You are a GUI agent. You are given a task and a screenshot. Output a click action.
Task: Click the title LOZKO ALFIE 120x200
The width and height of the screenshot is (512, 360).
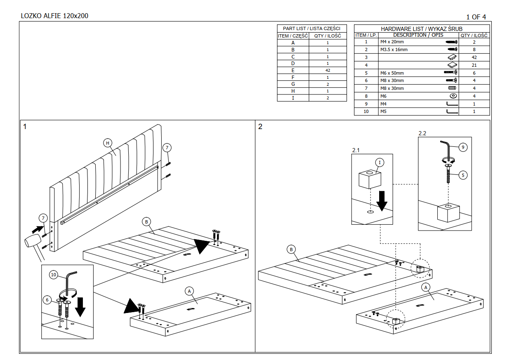coord(54,16)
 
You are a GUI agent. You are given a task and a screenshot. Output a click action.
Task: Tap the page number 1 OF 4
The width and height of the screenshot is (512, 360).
coord(476,17)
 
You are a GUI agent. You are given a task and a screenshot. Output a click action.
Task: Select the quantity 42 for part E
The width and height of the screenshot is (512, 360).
coord(328,71)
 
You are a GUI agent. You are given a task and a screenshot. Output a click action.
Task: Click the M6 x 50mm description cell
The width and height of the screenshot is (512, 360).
coord(418,73)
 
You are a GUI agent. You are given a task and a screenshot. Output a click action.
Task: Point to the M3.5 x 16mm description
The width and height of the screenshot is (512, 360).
coord(394,49)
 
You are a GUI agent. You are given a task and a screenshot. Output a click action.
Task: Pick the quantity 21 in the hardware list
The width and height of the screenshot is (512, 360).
coord(474,65)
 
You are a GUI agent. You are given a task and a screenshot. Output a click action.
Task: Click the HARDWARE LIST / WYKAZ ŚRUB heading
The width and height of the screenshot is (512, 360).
coord(422,29)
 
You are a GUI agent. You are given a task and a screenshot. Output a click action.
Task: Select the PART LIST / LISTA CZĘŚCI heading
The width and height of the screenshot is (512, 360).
coord(311,28)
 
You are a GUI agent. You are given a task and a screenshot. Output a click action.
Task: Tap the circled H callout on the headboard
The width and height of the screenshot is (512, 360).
coord(108,143)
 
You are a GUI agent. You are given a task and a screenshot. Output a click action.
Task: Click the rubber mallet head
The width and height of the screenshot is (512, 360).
coord(33,241)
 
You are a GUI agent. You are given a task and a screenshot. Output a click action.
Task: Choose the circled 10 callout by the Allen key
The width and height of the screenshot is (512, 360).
coord(54,275)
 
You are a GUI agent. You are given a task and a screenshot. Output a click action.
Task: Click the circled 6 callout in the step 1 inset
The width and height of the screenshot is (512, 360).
coord(47,300)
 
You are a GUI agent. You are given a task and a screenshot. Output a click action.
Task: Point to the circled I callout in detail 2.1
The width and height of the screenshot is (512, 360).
coord(380,162)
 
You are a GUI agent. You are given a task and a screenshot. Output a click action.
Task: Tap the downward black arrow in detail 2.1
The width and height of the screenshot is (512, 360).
coord(382,201)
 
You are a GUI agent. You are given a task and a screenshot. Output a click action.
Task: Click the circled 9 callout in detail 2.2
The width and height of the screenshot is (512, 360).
coord(463,147)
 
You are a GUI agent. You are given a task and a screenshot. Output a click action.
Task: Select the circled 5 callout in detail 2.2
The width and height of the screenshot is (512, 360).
coord(463,175)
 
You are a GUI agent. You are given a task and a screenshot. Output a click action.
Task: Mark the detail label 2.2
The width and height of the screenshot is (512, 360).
coord(422,133)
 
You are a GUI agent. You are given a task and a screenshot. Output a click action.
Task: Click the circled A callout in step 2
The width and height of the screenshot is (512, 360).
coord(426,287)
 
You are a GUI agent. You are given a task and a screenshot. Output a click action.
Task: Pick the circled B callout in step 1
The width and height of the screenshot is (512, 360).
coord(146,221)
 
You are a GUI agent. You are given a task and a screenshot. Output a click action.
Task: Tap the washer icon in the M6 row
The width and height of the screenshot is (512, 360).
coord(453,96)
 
